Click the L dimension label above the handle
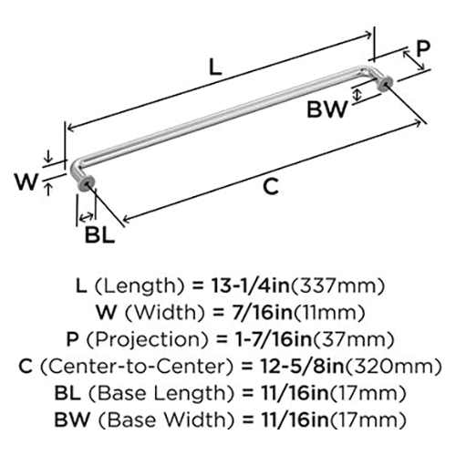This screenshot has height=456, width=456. [215, 67]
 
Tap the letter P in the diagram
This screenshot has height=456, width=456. [423, 48]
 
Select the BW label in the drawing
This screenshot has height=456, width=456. [326, 109]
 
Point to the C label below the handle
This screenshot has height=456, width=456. [271, 187]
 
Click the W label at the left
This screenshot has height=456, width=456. [26, 181]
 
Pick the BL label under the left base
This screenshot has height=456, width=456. [99, 235]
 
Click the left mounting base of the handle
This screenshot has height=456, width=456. [86, 184]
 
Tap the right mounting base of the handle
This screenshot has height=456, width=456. [385, 84]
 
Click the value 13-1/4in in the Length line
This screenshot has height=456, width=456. [250, 285]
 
